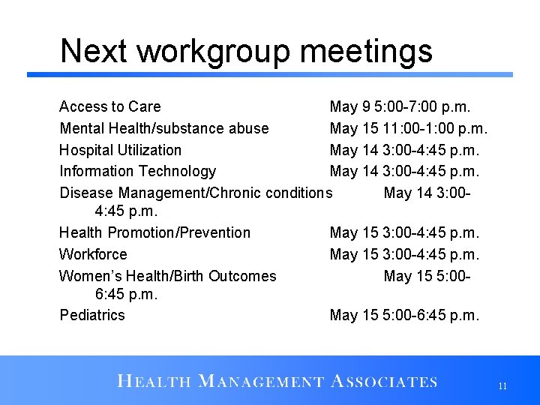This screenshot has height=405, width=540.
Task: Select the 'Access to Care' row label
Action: tap(109, 106)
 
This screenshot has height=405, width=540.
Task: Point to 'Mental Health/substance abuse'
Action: tap(163, 128)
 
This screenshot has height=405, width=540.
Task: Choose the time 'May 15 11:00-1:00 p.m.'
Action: tap(408, 128)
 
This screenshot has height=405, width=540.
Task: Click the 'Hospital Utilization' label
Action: tap(120, 150)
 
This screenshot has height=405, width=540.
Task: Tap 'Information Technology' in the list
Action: tap(137, 172)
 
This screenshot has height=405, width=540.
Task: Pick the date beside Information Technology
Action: tap(404, 172)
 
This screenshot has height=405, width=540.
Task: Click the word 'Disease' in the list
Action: tap(86, 193)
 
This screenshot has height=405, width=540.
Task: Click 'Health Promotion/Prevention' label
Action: tap(154, 232)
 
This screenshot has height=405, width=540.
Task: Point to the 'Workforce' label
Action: tap(93, 254)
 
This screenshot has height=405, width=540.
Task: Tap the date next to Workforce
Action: tap(404, 254)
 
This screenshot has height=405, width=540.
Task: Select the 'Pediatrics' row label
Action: tap(92, 315)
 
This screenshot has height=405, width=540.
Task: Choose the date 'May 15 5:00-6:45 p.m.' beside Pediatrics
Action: tap(404, 315)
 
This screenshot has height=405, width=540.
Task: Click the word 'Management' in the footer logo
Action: tap(260, 382)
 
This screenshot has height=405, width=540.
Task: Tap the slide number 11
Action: tap(502, 386)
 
